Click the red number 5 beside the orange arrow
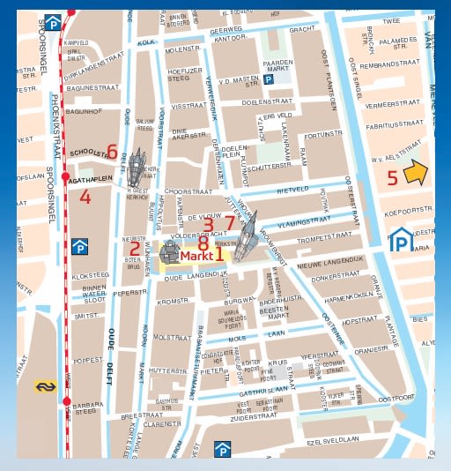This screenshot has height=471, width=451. (393, 177)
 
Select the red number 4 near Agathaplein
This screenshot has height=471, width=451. (85, 197)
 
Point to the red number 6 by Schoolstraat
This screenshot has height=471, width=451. (112, 151)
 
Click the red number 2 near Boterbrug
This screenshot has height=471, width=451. (135, 249)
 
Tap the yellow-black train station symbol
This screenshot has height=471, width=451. (45, 385)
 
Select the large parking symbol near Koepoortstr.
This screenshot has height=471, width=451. (402, 239)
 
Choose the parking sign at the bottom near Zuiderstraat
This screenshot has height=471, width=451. (224, 452)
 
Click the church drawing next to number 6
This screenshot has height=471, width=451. (137, 164)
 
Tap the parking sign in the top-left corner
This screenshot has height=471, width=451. (55, 22)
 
